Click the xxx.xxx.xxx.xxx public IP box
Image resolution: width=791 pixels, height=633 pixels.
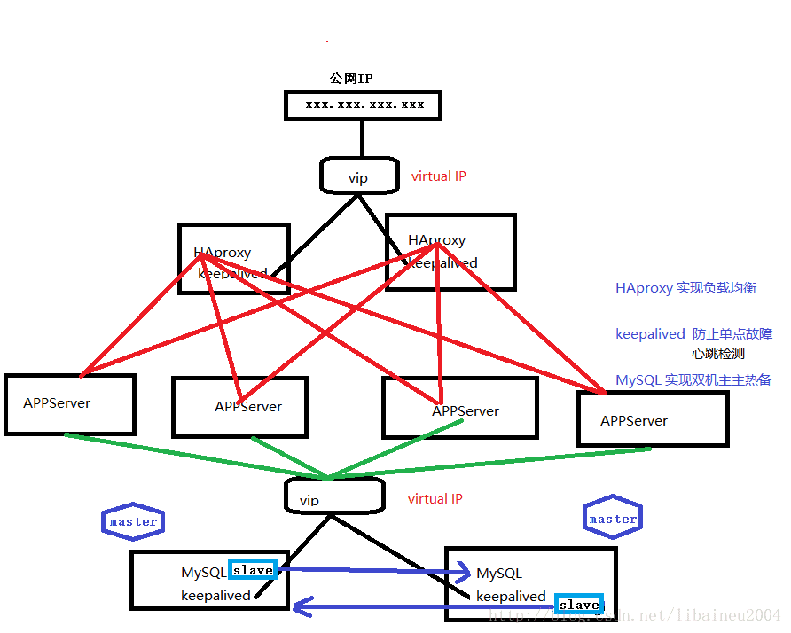pyautogui.click(x=364, y=105)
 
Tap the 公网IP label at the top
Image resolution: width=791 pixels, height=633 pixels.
pyautogui.click(x=350, y=79)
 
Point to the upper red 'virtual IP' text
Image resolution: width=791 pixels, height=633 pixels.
pyautogui.click(x=438, y=176)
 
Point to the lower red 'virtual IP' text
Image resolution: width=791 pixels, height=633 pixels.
pyautogui.click(x=435, y=499)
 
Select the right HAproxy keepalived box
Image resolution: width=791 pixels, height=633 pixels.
pyautogui.click(x=450, y=251)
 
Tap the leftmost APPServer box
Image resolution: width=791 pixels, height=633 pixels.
pyautogui.click(x=69, y=403)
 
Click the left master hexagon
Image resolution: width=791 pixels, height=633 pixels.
pyautogui.click(x=133, y=521)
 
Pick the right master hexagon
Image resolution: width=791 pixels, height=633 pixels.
pyautogui.click(x=613, y=519)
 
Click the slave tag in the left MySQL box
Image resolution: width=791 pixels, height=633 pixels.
pyautogui.click(x=253, y=570)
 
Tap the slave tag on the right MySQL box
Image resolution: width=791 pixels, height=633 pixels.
pyautogui.click(x=579, y=605)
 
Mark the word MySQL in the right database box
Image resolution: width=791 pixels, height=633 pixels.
pyautogui.click(x=499, y=574)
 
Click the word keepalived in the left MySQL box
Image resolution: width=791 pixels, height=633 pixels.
pyautogui.click(x=215, y=596)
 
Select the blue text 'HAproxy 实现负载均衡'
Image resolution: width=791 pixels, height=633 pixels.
pyautogui.click(x=685, y=288)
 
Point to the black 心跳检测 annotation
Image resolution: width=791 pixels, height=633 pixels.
pyautogui.click(x=717, y=353)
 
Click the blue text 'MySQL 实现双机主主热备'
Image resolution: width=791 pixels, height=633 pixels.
pyautogui.click(x=693, y=380)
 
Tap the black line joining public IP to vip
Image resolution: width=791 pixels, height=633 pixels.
pyautogui.click(x=363, y=139)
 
